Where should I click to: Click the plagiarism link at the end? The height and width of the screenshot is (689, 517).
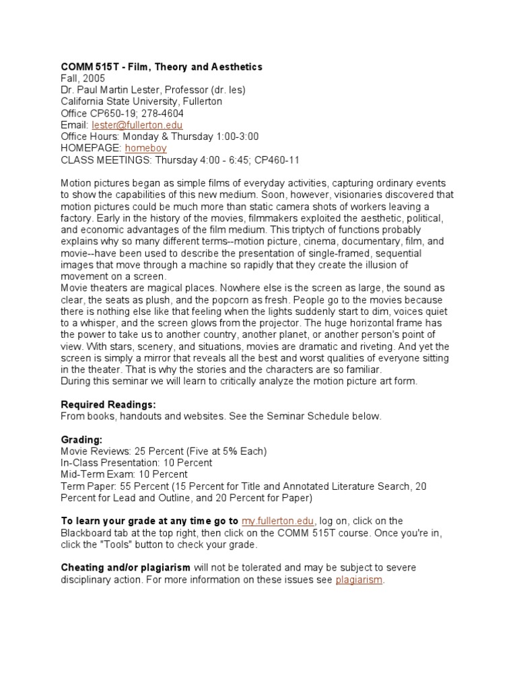359,579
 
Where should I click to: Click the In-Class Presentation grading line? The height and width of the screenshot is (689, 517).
137,462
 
